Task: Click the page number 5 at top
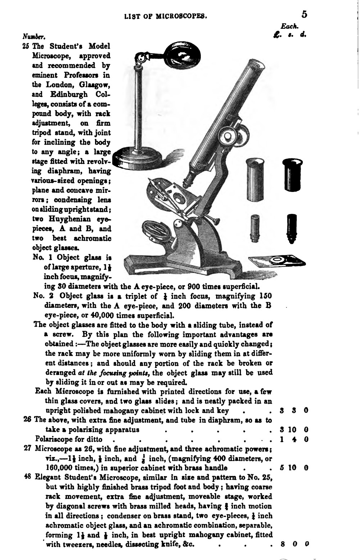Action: coord(305,15)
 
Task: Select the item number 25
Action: coord(26,46)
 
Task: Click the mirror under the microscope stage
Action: coord(157,231)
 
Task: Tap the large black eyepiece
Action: coord(292,174)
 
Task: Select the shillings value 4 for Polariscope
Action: coord(294,439)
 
